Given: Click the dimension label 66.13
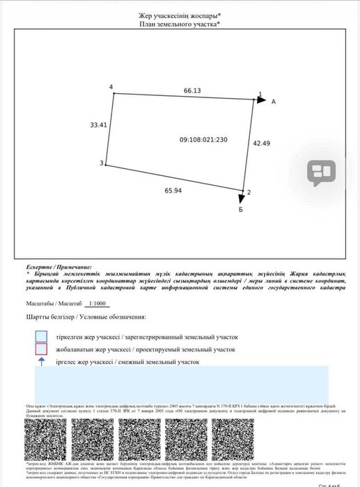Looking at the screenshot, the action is point(192,90).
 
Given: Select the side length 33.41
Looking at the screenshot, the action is point(98,125).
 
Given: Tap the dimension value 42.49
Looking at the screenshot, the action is point(261,143).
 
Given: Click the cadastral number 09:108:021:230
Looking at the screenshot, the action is point(203,140).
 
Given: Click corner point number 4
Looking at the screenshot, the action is point(111,86).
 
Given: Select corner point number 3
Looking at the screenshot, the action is point(101,163).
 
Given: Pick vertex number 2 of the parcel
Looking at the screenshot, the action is point(249,192).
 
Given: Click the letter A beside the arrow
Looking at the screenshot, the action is point(274,102).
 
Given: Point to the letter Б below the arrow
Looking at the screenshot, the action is point(240,209).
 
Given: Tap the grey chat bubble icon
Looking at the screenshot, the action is point(321,173).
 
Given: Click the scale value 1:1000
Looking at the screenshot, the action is point(97,304).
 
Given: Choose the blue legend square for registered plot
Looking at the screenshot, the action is point(41,336).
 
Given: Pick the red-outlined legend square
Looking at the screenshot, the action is point(41,349).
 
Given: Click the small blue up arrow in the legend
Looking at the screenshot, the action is point(41,361).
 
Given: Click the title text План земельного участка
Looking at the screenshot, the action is point(180,24).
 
